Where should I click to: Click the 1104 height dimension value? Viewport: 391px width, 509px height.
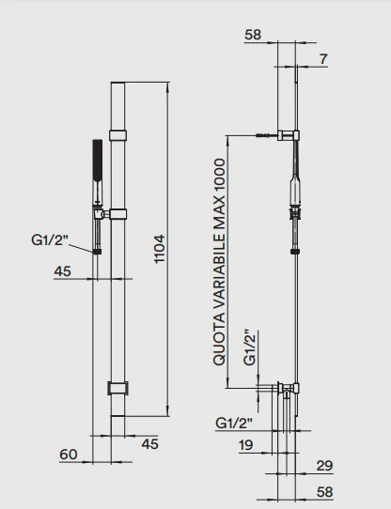160,249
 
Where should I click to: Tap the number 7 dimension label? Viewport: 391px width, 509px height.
323,59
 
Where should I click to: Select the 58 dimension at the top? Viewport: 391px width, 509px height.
253,35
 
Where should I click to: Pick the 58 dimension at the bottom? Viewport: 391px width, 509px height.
324,492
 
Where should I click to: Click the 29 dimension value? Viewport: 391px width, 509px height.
324,466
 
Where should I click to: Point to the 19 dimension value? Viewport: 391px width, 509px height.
245,445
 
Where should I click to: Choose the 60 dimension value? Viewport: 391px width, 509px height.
69,455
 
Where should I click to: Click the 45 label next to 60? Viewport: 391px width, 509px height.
149,444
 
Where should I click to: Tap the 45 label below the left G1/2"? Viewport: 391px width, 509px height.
62,271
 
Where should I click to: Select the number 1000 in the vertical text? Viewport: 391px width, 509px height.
219,175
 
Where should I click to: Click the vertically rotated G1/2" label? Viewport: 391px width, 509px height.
250,347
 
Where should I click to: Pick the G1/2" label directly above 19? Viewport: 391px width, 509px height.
234,423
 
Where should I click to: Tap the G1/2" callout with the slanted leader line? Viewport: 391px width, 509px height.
50,239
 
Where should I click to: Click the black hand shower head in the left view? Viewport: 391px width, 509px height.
98,156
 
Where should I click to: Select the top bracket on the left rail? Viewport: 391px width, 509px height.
117,135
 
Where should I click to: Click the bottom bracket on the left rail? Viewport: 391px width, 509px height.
117,388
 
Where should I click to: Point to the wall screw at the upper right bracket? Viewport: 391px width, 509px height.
264,135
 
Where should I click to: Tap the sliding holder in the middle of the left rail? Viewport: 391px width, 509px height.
117,214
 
